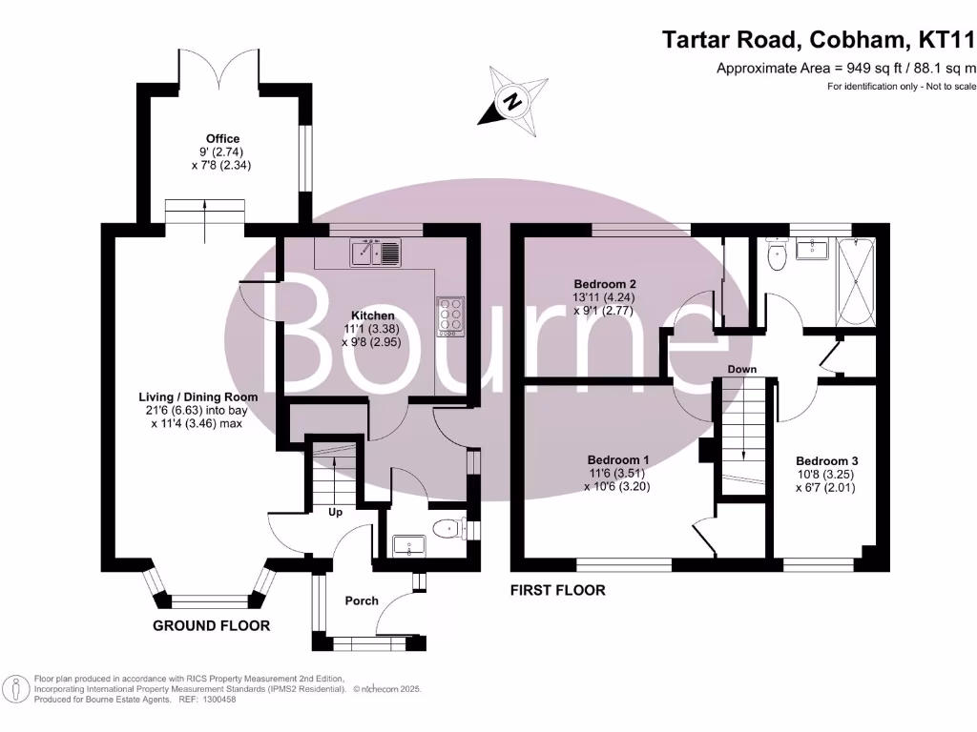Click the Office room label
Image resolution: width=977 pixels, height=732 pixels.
click(223, 139)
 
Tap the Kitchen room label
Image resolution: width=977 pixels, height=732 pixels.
click(373, 315)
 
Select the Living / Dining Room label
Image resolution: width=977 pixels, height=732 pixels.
click(198, 397)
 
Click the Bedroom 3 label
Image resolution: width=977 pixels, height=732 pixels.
click(827, 461)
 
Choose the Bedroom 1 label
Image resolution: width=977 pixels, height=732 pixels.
click(618, 460)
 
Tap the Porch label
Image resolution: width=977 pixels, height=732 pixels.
click(362, 600)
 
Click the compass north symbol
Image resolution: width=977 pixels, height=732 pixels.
click(512, 101)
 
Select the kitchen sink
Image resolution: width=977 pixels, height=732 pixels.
click(376, 253)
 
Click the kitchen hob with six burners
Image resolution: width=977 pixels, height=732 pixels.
click(450, 316)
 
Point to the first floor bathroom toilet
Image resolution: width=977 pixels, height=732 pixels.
click(777, 255)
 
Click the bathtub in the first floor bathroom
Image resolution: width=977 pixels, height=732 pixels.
click(856, 281)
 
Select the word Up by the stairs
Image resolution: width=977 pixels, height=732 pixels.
click(335, 512)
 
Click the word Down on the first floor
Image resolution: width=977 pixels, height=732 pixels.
click(742, 369)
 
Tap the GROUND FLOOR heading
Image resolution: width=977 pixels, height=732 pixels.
click(211, 625)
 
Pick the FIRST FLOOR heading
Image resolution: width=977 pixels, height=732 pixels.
click(557, 590)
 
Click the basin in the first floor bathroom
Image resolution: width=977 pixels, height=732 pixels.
click(812, 249)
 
